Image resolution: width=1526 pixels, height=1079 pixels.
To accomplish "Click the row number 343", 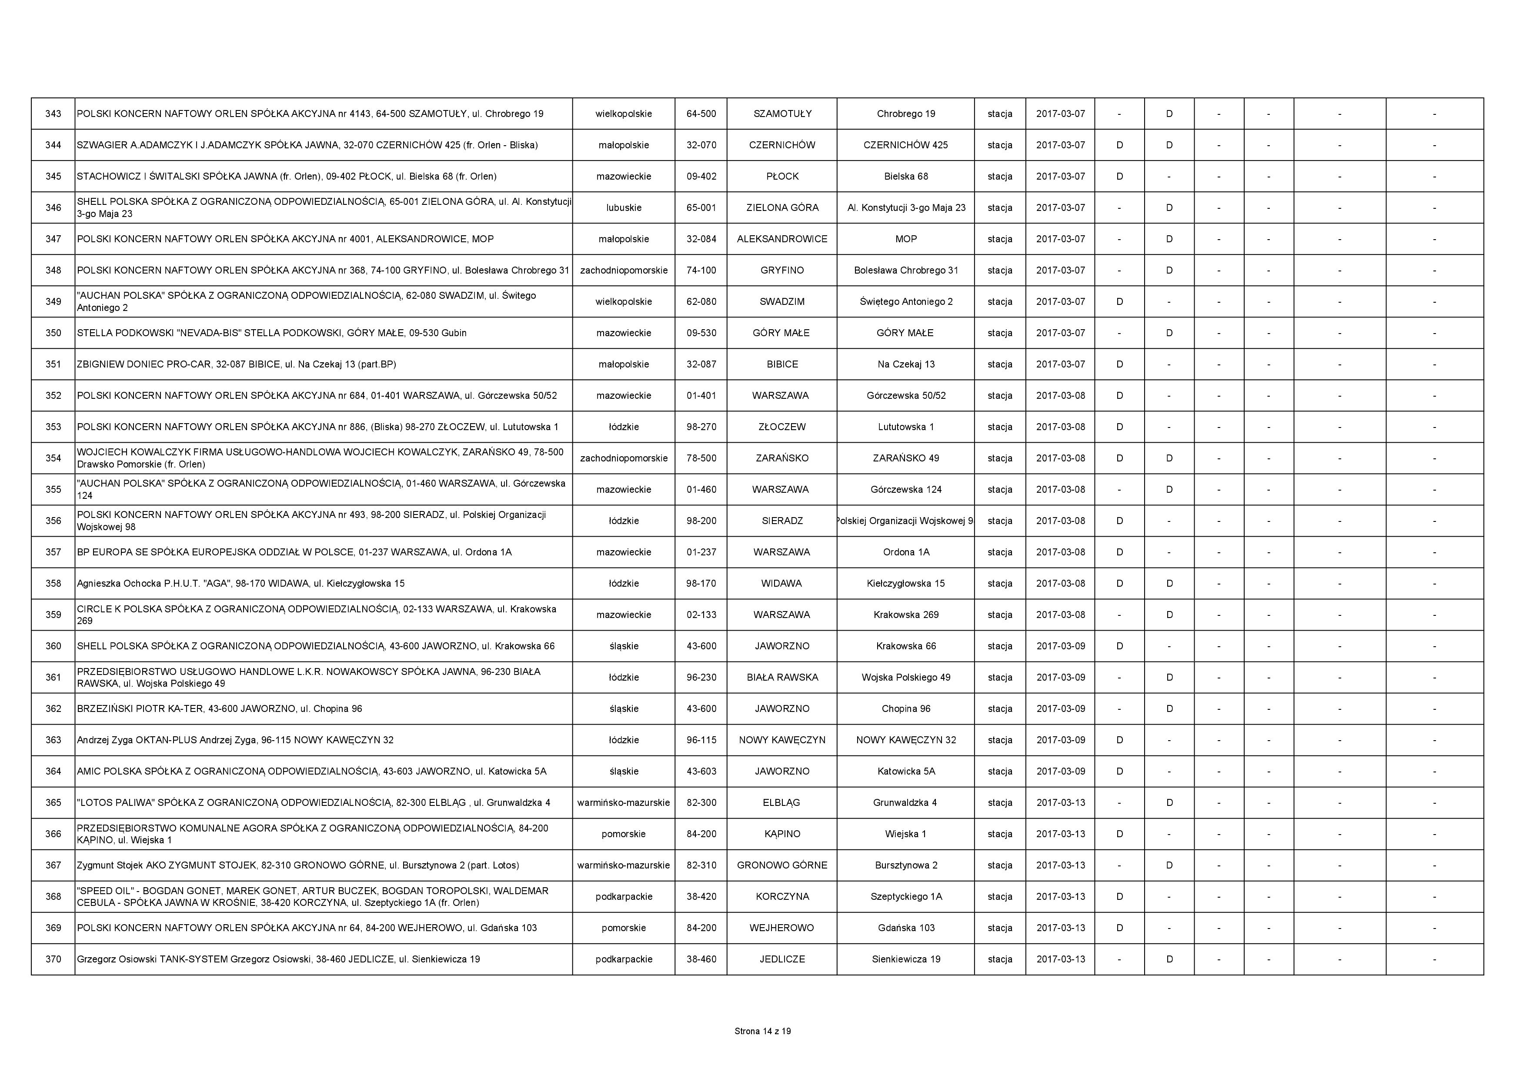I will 53,114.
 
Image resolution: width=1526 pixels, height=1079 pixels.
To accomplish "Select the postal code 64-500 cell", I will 701,114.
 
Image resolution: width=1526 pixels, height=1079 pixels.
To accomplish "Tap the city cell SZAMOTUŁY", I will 782,114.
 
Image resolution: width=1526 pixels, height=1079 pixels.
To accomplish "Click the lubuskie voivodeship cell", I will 624,207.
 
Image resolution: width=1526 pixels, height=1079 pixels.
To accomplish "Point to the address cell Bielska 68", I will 906,176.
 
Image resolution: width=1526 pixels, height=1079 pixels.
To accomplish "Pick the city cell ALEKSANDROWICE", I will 782,239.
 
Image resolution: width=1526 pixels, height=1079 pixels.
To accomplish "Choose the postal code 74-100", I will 701,271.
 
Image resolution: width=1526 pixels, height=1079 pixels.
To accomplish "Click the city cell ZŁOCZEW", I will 782,427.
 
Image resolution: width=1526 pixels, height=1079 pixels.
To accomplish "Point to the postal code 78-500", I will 701,458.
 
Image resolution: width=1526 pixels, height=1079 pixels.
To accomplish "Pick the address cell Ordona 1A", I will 906,552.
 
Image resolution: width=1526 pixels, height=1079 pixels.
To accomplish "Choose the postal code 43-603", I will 701,771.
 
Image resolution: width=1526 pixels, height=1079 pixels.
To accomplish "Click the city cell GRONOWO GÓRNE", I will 782,865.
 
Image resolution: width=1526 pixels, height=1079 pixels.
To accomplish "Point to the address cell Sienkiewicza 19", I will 906,959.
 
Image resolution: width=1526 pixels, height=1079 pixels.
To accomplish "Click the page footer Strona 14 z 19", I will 762,1031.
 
